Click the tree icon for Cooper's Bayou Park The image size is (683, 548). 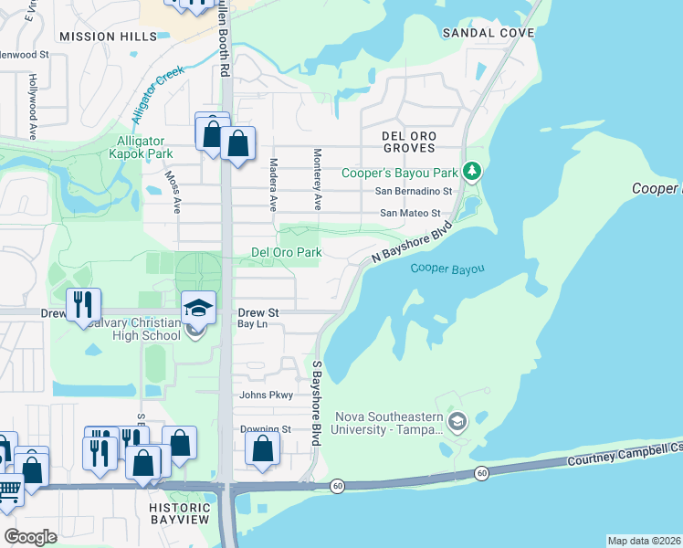pyautogui.click(x=471, y=171)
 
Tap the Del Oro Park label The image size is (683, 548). pyautogui.click(x=286, y=252)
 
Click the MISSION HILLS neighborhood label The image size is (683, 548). pyautogui.click(x=101, y=37)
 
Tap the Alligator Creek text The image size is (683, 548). pyautogui.click(x=157, y=94)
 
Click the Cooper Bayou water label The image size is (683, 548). pyautogui.click(x=447, y=269)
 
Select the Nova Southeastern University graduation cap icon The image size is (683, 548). pyautogui.click(x=457, y=422)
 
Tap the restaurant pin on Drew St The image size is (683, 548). pyautogui.click(x=83, y=305)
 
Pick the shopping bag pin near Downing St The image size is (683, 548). pyautogui.click(x=263, y=449)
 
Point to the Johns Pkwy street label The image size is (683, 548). pyautogui.click(x=266, y=395)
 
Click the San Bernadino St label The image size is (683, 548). pyautogui.click(x=414, y=191)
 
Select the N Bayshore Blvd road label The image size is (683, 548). pyautogui.click(x=412, y=245)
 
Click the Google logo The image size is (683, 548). pyautogui.click(x=30, y=537)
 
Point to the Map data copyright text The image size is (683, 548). pyautogui.click(x=643, y=541)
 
